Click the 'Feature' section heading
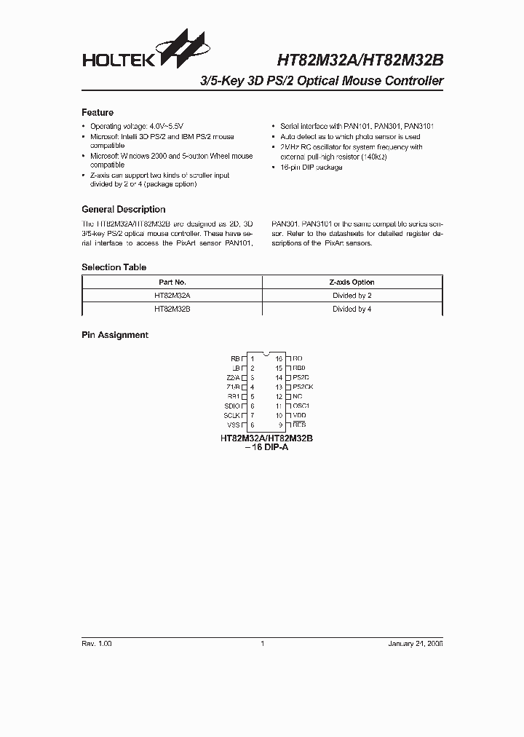point(98,113)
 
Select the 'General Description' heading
point(123,209)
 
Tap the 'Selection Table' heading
point(114,267)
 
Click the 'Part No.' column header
point(172,282)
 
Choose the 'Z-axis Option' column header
point(352,282)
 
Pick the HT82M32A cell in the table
point(172,296)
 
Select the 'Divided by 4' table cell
point(352,309)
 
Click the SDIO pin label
point(232,406)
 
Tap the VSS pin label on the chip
point(234,425)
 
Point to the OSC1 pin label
point(301,406)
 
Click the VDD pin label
point(299,415)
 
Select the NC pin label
point(297,396)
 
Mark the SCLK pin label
point(232,415)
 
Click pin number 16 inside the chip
point(279,358)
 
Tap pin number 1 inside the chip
point(252,358)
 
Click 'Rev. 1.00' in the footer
point(97,644)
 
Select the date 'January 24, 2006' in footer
point(416,644)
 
